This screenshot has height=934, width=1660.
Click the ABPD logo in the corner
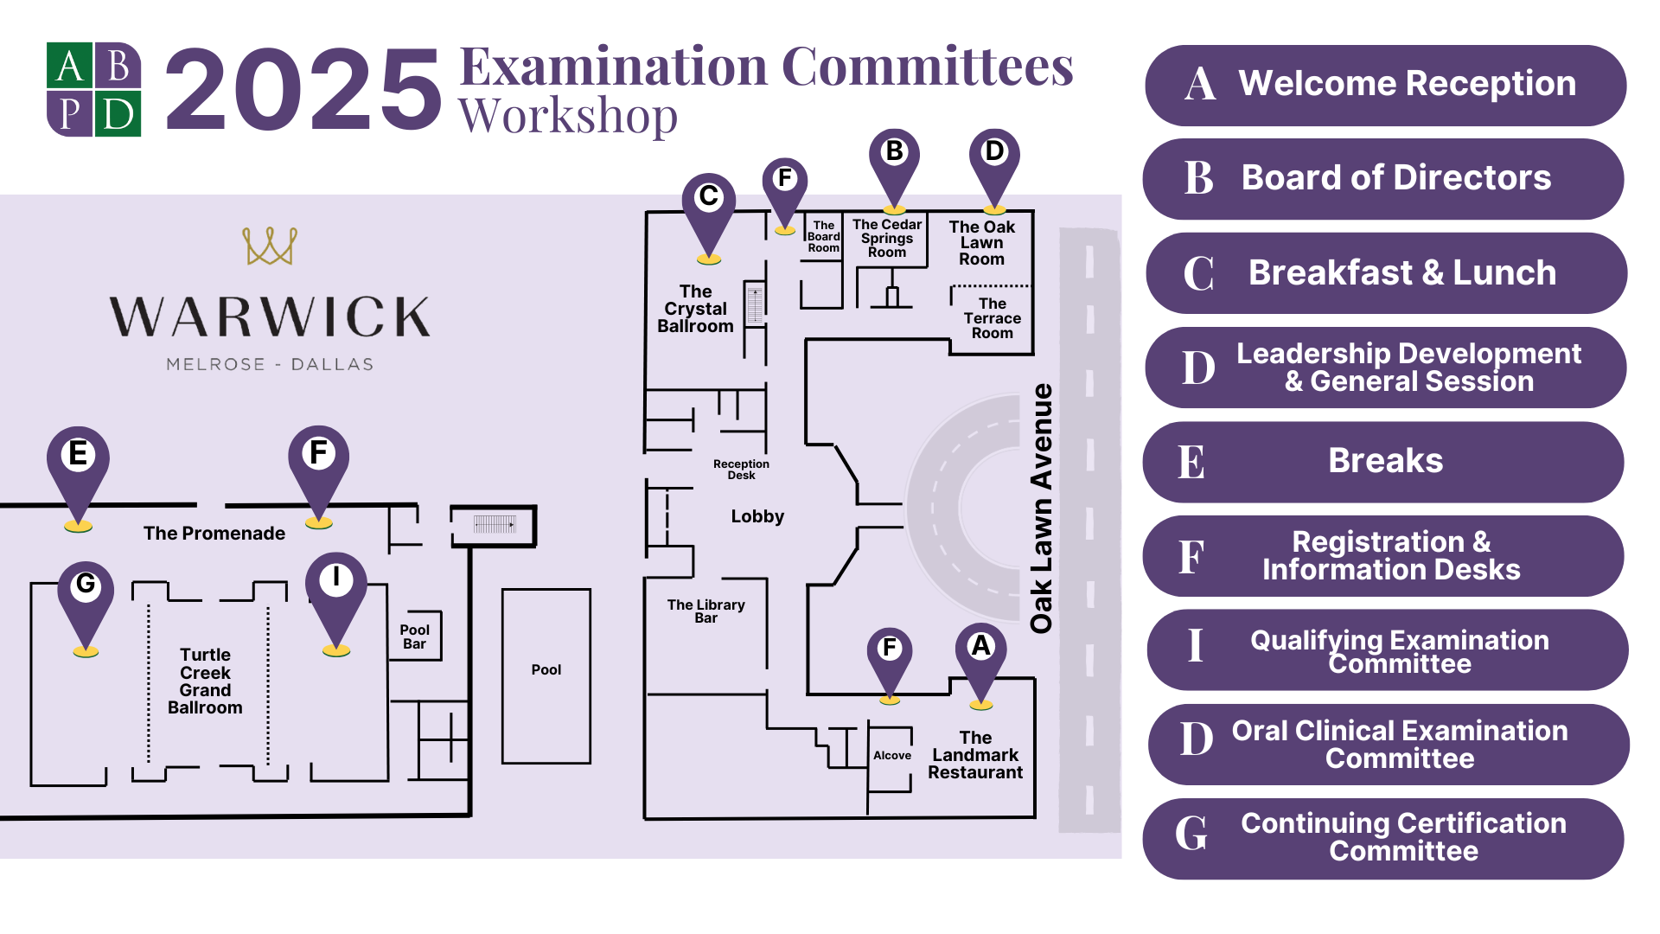coord(93,90)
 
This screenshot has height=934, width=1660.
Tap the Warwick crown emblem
coord(270,246)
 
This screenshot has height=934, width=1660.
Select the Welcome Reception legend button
coord(1385,85)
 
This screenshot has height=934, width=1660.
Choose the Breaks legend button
coord(1383,461)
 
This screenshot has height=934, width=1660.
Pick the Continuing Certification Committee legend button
coord(1383,837)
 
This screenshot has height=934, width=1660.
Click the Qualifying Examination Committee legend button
coord(1387,650)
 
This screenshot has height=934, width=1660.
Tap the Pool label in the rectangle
coord(546,669)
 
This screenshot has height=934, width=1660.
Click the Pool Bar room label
coord(414,637)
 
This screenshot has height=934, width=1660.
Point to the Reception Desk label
coord(741,469)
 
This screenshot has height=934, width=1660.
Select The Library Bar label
coord(705,611)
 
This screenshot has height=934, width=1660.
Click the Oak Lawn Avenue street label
coord(1041,509)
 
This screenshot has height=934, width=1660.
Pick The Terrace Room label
coord(992,318)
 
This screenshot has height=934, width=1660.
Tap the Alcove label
coord(891,755)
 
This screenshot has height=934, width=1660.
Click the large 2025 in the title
coord(303,90)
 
